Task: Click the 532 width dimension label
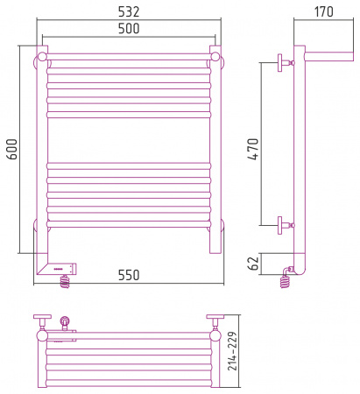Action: click(129, 11)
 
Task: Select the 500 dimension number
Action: click(129, 29)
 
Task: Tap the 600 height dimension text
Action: click(12, 149)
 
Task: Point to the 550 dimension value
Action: click(129, 275)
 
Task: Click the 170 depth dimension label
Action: click(323, 11)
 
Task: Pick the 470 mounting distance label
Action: click(253, 149)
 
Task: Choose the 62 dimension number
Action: click(253, 264)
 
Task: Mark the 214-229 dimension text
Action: click(232, 351)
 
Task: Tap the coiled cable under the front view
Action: click(66, 281)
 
